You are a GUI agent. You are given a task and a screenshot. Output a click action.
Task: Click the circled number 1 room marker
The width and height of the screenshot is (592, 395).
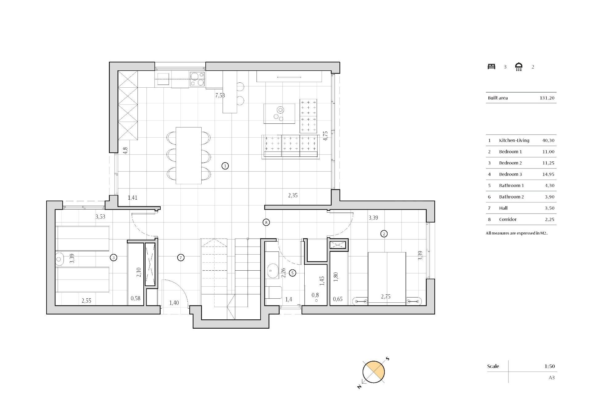[x=225, y=166]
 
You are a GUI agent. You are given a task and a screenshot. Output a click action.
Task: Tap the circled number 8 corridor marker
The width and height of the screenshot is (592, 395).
[x=266, y=222]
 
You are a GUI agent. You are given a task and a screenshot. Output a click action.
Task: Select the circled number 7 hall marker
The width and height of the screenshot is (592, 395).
[x=181, y=257]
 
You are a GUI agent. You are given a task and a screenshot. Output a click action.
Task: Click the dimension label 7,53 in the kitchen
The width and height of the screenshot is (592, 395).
[x=220, y=95]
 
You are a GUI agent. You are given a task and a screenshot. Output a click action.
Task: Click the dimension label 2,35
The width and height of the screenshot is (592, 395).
[x=293, y=195]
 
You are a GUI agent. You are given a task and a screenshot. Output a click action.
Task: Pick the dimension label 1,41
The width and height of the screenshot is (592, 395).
[x=133, y=198]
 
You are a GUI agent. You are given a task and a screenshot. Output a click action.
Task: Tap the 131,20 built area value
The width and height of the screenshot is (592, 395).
[x=547, y=98]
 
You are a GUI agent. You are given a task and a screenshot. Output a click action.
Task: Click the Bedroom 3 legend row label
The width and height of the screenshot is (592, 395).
[x=510, y=174]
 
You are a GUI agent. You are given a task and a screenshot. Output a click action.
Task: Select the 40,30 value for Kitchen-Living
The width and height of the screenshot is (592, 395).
[x=548, y=140]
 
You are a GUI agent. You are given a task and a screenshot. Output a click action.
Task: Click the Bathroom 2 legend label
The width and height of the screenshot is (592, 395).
[x=511, y=197]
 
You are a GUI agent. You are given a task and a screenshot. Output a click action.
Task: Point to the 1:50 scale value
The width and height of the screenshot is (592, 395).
[x=549, y=366]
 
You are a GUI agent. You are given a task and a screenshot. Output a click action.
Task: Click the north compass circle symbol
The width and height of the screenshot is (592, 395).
[x=373, y=372]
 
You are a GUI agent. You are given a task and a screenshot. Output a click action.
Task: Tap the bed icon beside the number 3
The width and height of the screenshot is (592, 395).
[x=491, y=66]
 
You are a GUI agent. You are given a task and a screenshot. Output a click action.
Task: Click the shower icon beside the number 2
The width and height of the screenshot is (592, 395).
[x=519, y=67]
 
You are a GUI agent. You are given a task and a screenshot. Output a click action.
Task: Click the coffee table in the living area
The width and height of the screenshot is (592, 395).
[x=279, y=114]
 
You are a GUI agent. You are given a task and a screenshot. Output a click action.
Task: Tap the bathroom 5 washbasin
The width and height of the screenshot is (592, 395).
[x=272, y=271]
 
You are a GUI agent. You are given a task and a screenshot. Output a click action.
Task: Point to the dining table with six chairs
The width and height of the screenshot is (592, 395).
[x=188, y=156]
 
